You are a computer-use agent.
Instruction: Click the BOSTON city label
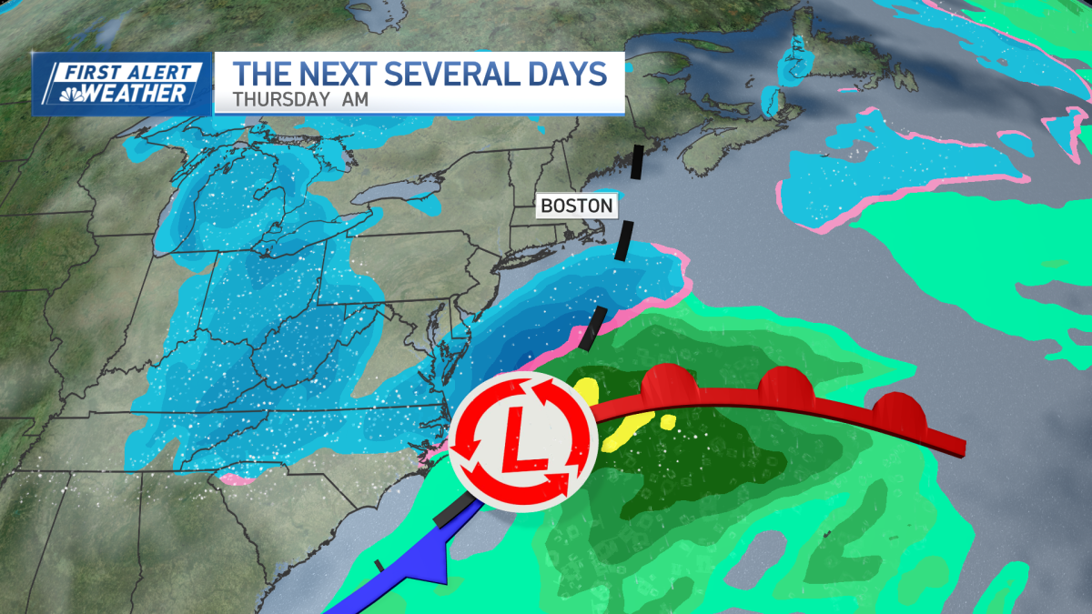click(x=577, y=206)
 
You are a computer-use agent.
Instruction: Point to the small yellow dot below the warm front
click(x=668, y=422)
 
